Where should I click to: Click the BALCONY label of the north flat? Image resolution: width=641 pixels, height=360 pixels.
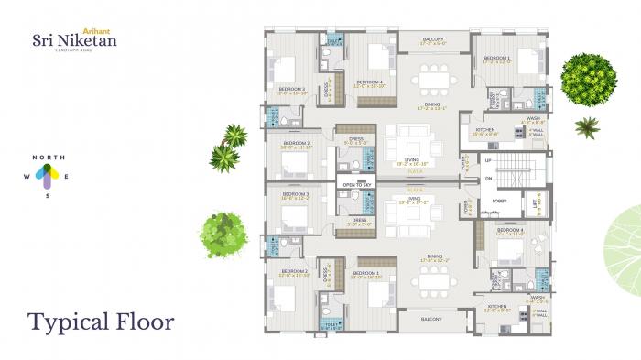click(x=432, y=39)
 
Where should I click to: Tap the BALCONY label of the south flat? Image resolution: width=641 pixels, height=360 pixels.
click(x=432, y=320)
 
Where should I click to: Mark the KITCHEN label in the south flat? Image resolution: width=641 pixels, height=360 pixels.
click(x=497, y=307)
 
